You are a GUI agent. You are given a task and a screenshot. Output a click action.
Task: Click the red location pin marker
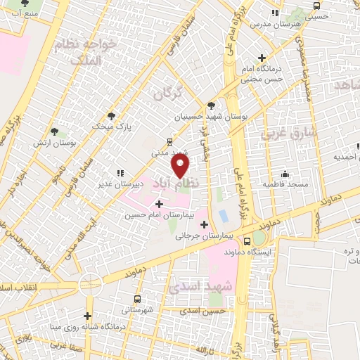(181, 166)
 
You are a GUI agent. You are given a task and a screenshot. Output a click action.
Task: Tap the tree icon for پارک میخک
(111, 116)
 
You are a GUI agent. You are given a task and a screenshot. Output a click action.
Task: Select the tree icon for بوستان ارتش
(55, 131)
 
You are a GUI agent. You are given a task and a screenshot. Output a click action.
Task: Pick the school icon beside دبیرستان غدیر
(121, 173)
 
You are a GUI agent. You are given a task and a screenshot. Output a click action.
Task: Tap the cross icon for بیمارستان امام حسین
(160, 204)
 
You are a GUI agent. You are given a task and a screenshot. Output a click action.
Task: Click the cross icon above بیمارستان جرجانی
(204, 225)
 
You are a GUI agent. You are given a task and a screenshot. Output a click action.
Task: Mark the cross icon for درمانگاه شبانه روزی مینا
(88, 316)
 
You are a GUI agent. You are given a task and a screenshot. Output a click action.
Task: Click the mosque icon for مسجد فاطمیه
(284, 174)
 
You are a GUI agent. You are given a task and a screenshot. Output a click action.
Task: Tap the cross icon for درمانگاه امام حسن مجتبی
(262, 58)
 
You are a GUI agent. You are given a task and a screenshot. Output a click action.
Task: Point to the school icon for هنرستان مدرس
(275, 13)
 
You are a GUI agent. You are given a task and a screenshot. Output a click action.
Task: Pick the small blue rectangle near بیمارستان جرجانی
(224, 214)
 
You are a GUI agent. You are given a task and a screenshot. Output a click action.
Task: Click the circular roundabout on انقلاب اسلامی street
(91, 285)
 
